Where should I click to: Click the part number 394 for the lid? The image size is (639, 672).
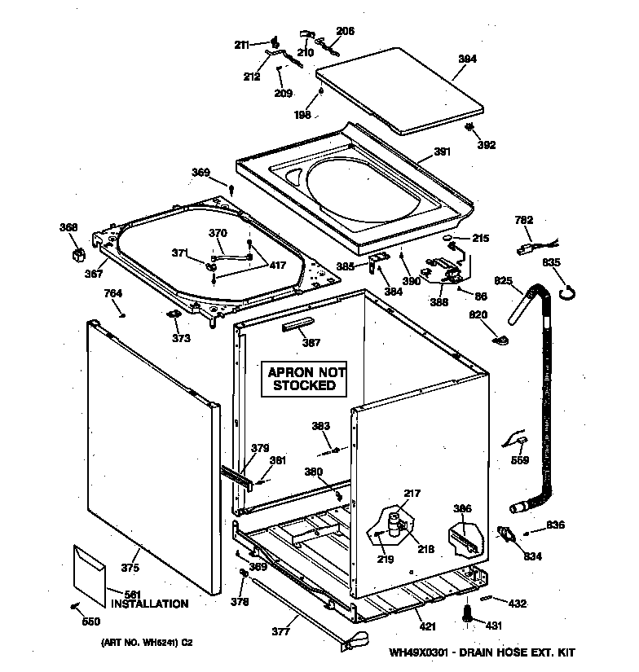point(467,59)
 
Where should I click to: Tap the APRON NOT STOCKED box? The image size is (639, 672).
point(304,379)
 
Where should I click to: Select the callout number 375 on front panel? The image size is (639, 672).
point(130,569)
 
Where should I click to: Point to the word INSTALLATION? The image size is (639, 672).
point(149,604)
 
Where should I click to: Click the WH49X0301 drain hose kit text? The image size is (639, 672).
point(483,652)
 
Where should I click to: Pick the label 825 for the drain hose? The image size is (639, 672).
point(504,281)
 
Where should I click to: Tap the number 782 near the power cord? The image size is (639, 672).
point(524,220)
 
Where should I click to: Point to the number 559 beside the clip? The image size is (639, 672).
point(518,460)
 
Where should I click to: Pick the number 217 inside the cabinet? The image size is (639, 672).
point(412,493)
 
